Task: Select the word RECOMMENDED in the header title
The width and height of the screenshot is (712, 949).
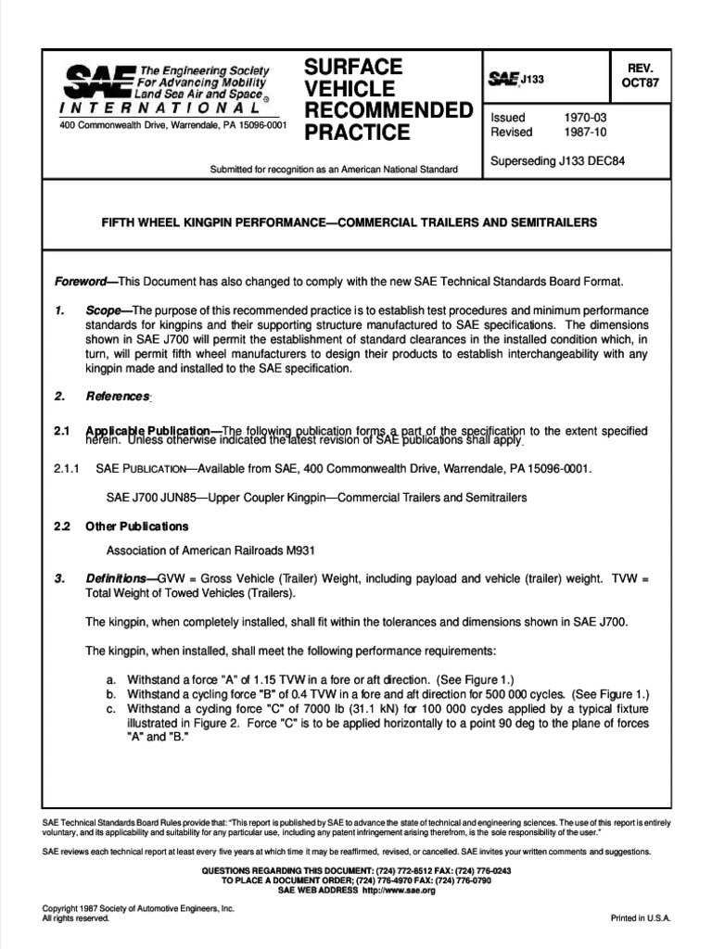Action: (x=388, y=111)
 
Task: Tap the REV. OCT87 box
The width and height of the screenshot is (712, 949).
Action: (x=640, y=77)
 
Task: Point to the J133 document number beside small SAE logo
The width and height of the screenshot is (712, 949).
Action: (x=531, y=80)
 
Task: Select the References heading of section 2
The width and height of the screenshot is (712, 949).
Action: (x=118, y=397)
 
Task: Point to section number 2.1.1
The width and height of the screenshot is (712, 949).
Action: (x=69, y=469)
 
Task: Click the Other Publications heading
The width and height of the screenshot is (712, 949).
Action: (x=137, y=526)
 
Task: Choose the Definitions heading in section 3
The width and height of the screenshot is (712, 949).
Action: (x=120, y=579)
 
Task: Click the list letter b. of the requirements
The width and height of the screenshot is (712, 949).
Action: (x=111, y=694)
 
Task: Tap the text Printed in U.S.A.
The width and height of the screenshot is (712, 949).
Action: (x=640, y=917)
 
